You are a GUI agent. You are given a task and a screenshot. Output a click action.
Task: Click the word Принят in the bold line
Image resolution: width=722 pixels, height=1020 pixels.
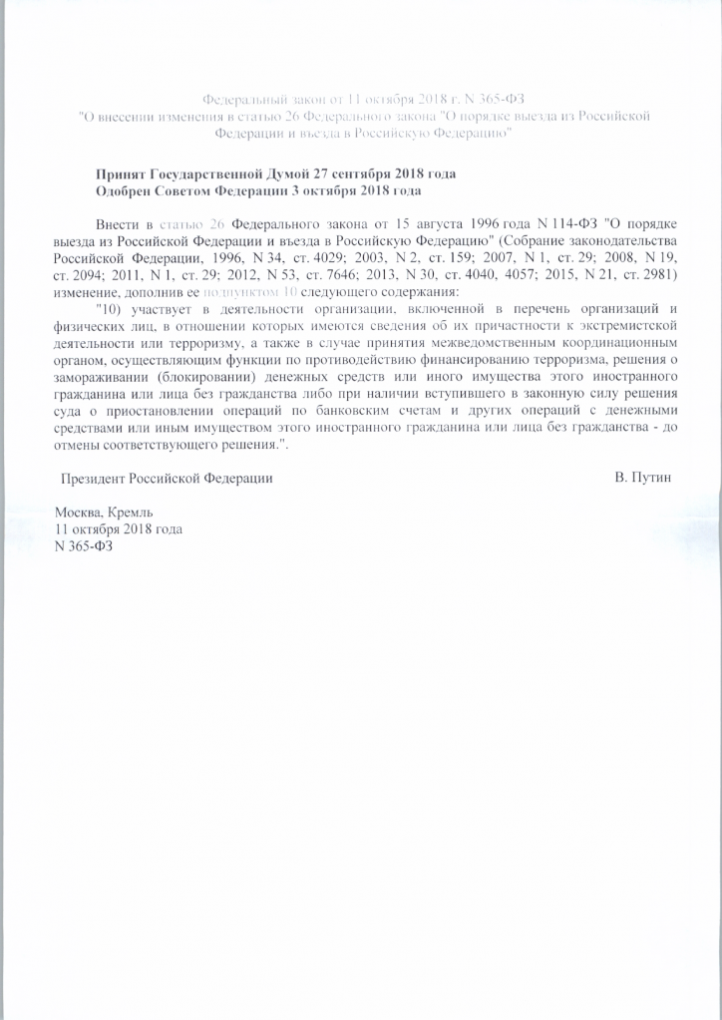pyautogui.click(x=120, y=173)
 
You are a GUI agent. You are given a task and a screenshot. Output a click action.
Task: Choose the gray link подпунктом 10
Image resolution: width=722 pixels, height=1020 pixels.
pyautogui.click(x=242, y=292)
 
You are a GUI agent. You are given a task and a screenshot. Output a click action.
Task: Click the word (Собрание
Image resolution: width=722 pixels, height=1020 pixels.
pyautogui.click(x=541, y=244)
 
